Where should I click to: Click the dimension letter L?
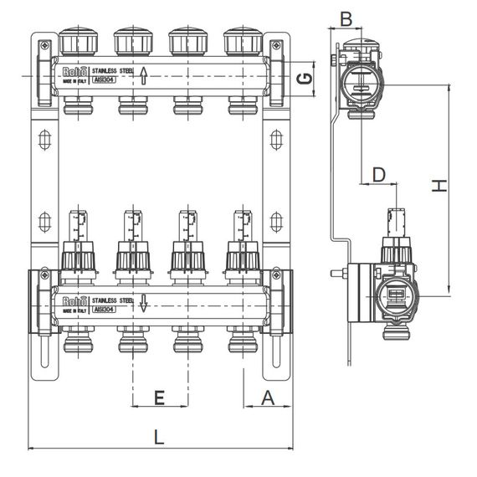(159, 436)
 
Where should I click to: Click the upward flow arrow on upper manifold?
(143, 76)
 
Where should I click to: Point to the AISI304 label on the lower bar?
(102, 309)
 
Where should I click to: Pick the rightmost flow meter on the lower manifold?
(242, 226)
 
